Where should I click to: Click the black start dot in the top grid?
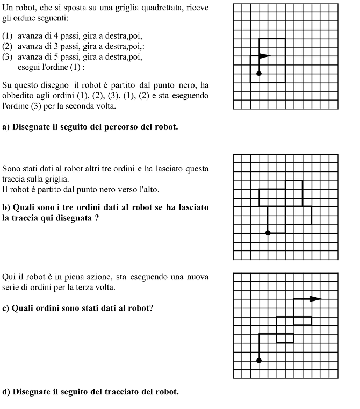point(259,73)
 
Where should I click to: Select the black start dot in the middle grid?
point(268,233)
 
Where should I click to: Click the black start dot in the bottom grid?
point(259,360)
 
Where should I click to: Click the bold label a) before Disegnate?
point(6,127)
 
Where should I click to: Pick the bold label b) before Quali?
point(6,207)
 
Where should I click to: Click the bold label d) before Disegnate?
point(6,391)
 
